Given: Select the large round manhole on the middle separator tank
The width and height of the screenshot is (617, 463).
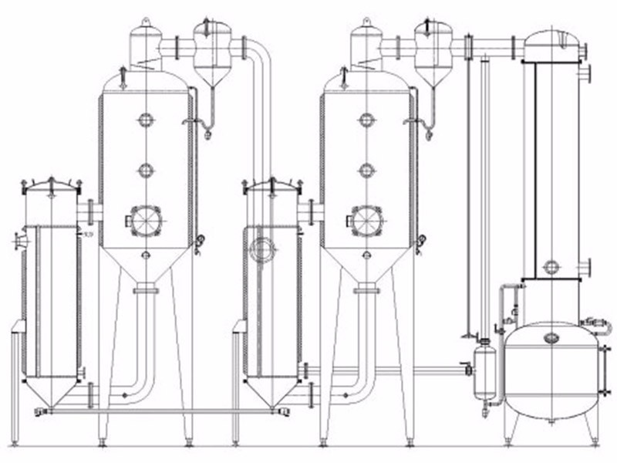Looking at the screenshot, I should (x=363, y=219).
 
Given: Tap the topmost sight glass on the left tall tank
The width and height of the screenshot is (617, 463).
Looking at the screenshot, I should (x=144, y=120).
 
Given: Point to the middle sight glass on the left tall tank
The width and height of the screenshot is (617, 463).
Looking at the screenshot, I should (x=144, y=169).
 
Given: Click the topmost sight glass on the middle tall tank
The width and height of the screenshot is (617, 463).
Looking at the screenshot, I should (x=363, y=120).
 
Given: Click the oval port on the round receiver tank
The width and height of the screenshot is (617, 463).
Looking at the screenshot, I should (x=550, y=337).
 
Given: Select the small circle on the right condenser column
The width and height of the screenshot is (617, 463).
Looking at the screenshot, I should (x=550, y=267).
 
